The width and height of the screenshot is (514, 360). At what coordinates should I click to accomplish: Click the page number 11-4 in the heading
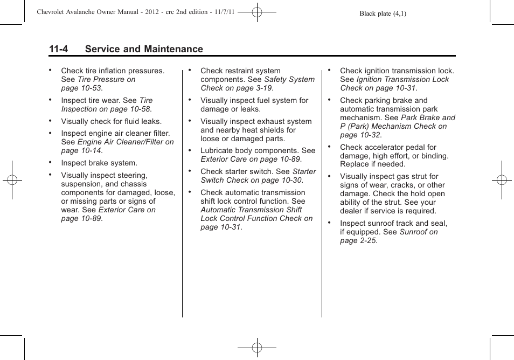(x=58, y=49)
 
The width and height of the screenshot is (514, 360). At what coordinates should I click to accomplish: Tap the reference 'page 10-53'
(x=81, y=88)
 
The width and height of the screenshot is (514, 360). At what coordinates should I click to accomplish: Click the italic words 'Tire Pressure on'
(x=107, y=79)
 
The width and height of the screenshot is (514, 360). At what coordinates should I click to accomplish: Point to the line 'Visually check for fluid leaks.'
(x=111, y=121)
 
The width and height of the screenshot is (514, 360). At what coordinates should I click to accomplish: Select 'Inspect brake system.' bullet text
(x=99, y=163)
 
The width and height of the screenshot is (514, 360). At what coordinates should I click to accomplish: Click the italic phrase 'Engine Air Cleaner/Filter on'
(x=126, y=142)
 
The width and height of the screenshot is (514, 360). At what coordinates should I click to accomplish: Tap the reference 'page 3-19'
(x=253, y=88)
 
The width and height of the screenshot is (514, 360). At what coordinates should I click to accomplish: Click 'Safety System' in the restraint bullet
(x=289, y=79)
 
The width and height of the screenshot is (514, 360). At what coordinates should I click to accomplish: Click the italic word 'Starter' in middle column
(x=304, y=171)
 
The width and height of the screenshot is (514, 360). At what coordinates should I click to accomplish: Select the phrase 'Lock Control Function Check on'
(x=256, y=218)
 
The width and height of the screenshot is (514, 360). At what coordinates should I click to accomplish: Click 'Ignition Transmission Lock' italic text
(x=402, y=79)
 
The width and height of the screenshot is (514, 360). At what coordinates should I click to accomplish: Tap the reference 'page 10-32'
(x=360, y=135)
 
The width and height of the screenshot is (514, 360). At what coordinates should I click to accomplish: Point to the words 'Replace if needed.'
(x=372, y=164)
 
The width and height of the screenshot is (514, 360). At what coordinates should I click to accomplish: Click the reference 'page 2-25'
(x=358, y=240)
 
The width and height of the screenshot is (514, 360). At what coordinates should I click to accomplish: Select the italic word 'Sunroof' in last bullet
(x=413, y=232)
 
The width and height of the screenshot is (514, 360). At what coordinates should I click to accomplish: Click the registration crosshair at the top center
(x=257, y=12)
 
